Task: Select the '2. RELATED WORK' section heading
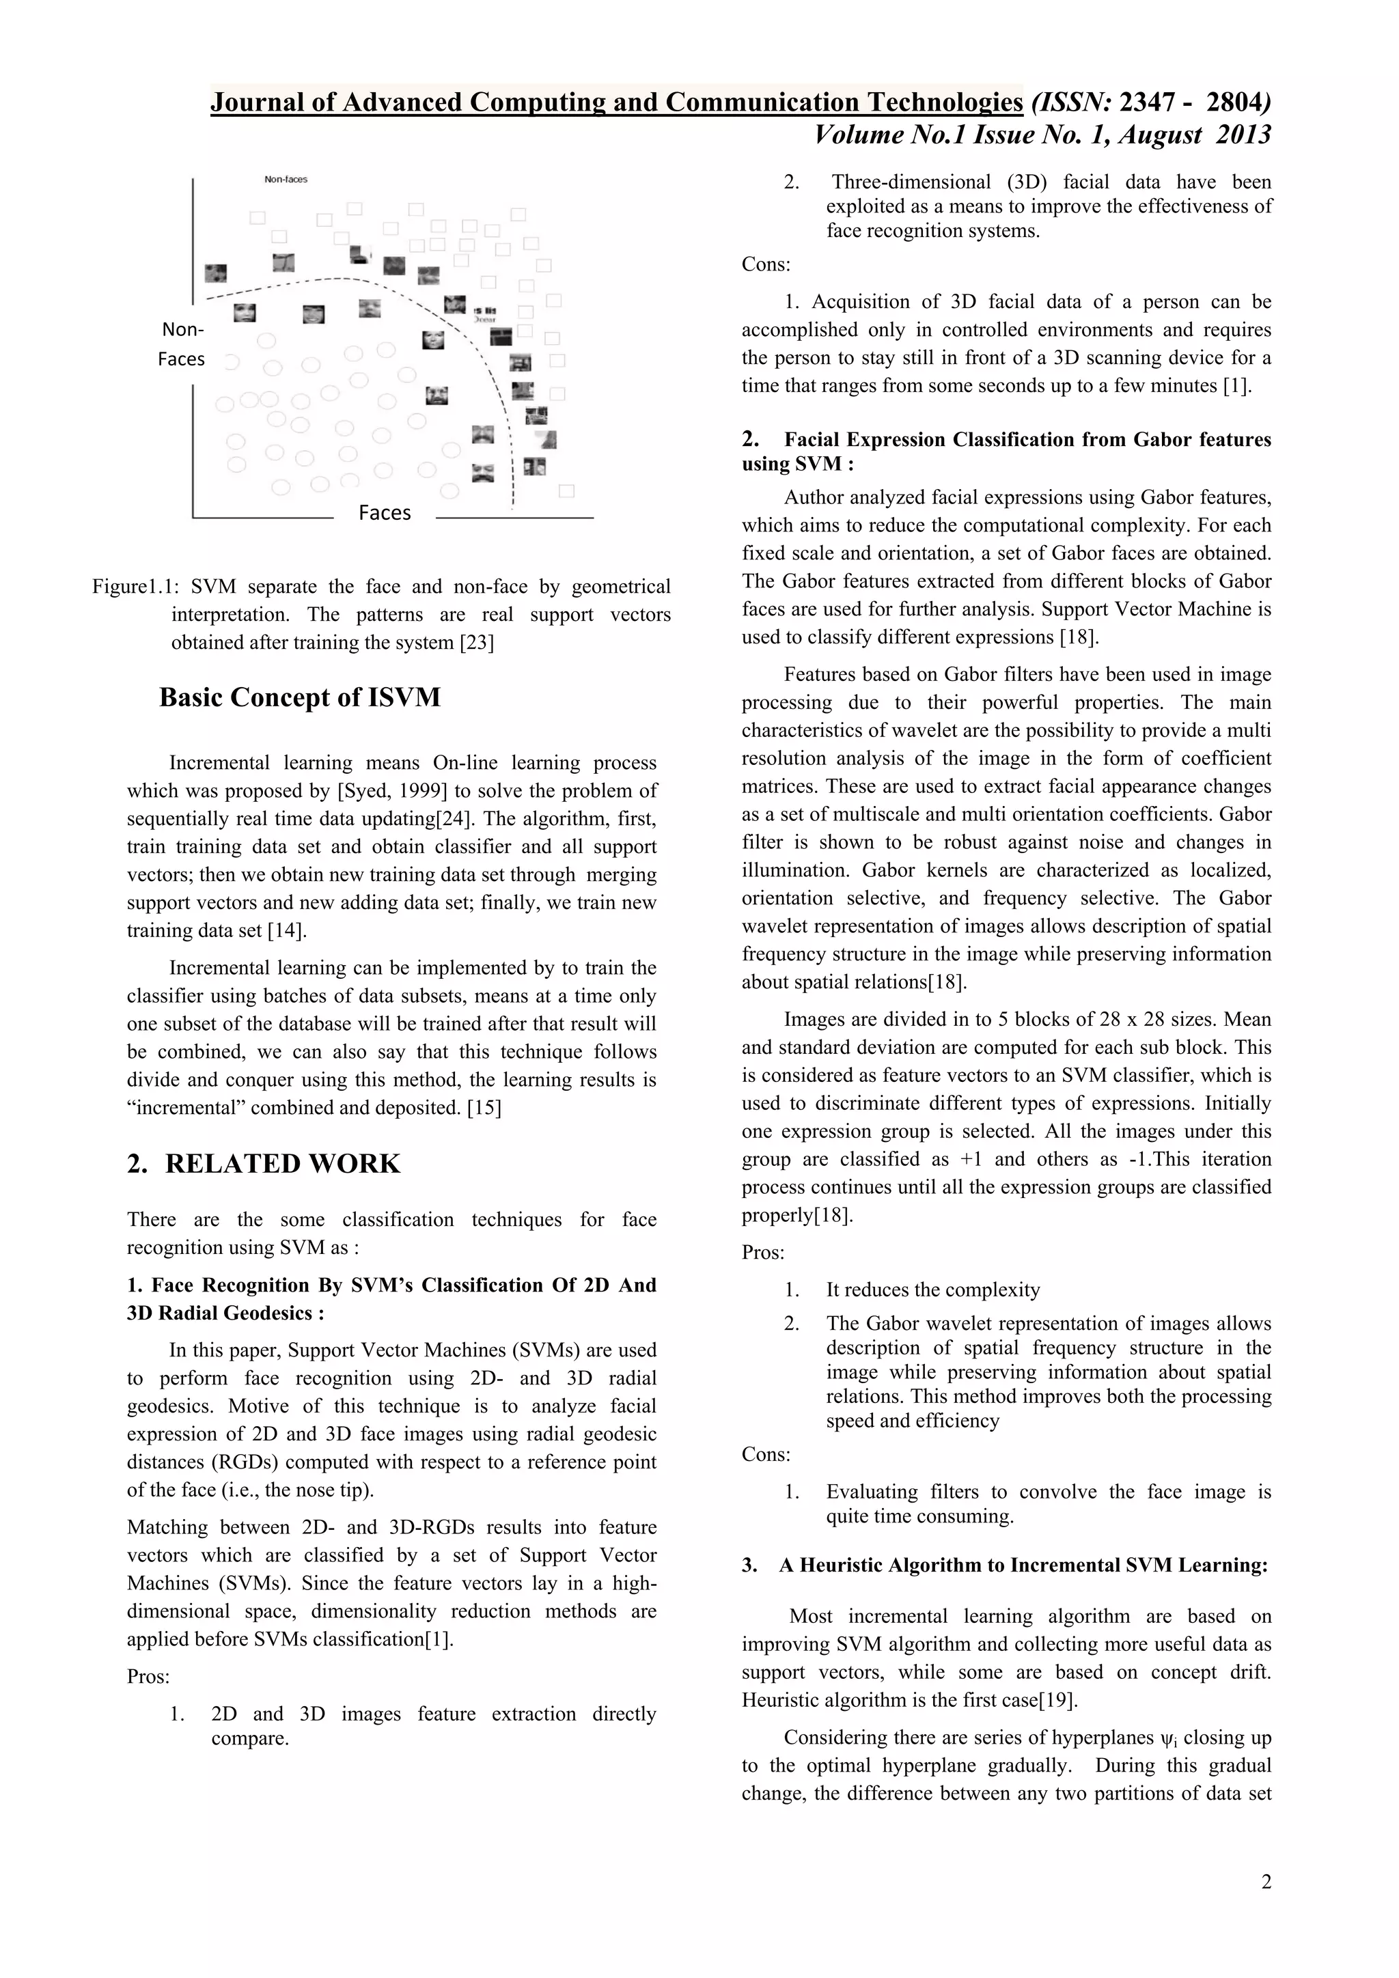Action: click(264, 1163)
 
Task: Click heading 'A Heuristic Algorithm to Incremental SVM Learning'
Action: click(1023, 1565)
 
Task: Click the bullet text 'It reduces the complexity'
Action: click(933, 1290)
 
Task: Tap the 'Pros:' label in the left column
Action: click(148, 1677)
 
